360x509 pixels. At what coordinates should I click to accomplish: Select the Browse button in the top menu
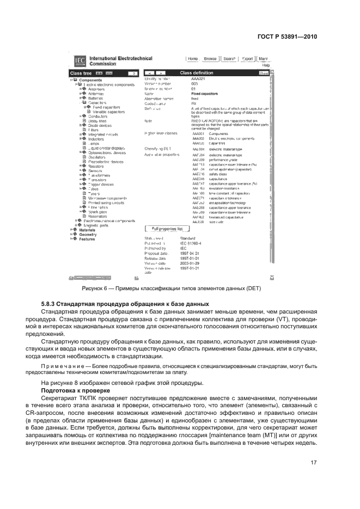(x=210, y=59)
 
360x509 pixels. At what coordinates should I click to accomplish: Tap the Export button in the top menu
(x=247, y=59)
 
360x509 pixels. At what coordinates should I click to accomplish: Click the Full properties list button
(x=167, y=229)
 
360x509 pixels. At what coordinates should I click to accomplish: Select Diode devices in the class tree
(x=100, y=125)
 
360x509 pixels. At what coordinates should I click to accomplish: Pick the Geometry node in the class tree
(x=88, y=234)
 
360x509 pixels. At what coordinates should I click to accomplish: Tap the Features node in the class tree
(x=87, y=239)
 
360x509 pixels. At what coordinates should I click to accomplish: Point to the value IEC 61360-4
(x=191, y=243)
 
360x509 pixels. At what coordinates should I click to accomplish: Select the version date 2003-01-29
(x=190, y=263)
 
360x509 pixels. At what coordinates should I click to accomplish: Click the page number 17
(x=313, y=463)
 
